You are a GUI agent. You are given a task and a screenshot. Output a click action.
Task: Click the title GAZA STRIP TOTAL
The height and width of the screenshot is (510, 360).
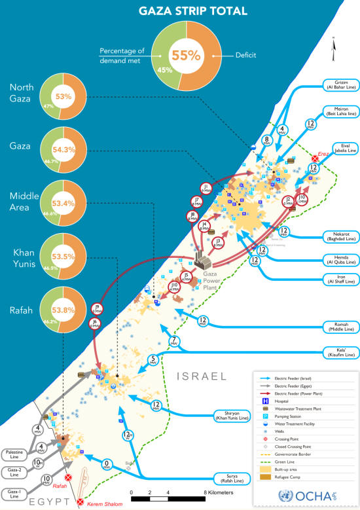click(186, 10)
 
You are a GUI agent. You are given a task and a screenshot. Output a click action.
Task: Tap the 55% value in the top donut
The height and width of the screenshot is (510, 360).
click(186, 55)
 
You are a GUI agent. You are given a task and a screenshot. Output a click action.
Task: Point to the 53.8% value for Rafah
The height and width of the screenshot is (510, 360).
click(63, 303)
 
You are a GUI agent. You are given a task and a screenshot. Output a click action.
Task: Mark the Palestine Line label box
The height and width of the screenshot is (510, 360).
click(14, 436)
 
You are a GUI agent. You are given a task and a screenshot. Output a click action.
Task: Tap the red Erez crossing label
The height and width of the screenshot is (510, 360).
click(322, 155)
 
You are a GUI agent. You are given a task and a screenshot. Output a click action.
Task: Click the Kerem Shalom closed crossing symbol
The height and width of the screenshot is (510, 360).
click(81, 502)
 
